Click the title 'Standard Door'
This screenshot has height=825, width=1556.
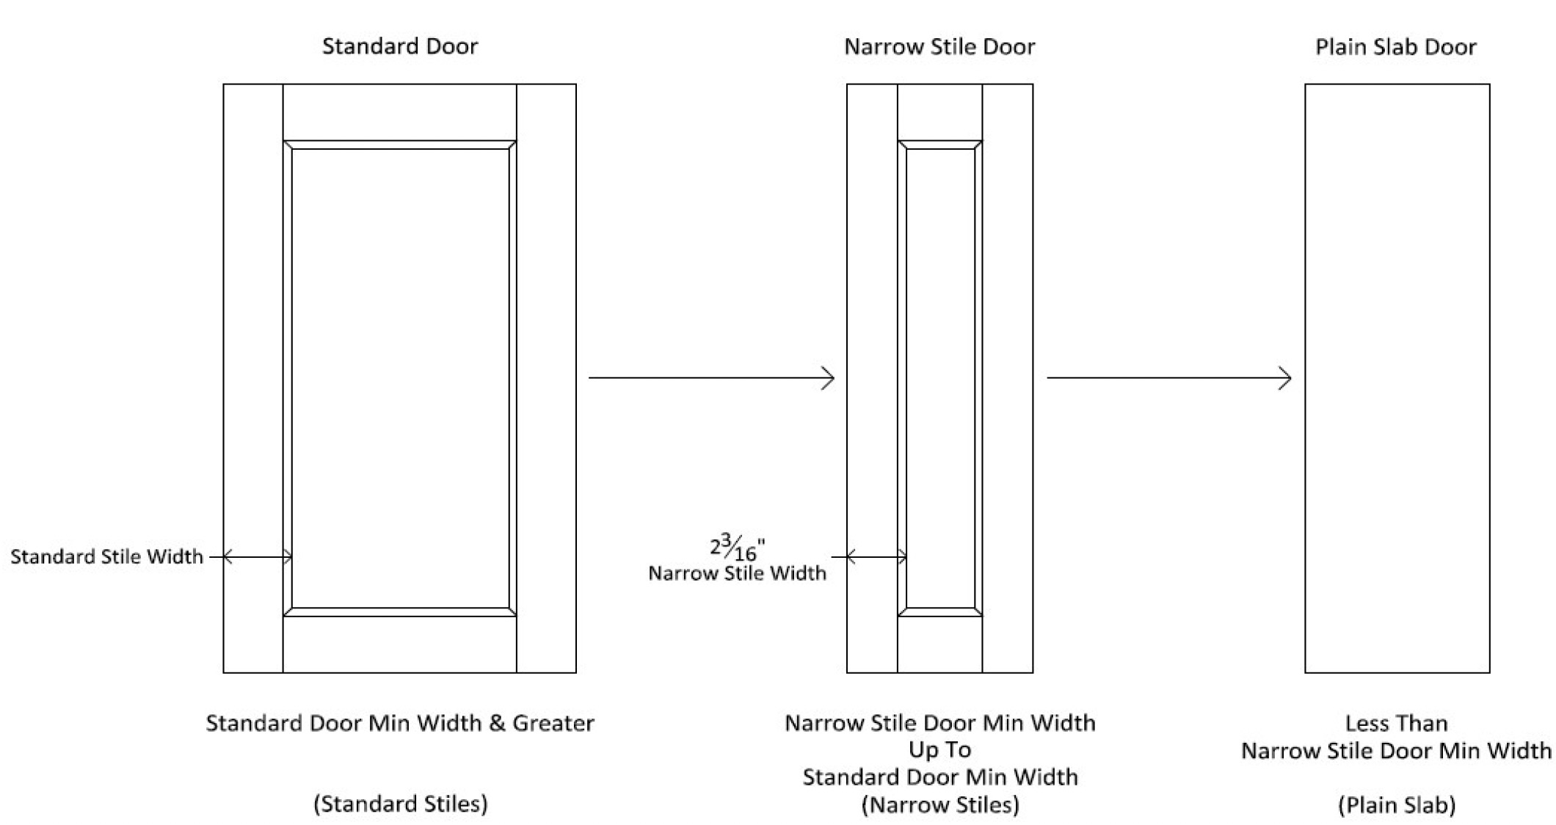[x=400, y=47]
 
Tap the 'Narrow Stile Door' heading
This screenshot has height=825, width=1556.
[x=939, y=47]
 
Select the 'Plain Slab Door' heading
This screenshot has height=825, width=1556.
[x=1395, y=47]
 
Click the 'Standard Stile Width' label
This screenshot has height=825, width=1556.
[x=106, y=556]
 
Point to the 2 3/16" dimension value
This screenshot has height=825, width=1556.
[x=737, y=548]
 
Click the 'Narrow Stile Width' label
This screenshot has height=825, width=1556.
[x=737, y=573]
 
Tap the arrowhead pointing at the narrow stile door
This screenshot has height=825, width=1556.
[x=829, y=378]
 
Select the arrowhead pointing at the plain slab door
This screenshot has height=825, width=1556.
[x=1285, y=378]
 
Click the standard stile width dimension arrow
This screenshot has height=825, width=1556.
[x=257, y=557]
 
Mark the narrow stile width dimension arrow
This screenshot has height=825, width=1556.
[x=876, y=557]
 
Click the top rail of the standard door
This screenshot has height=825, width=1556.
[x=400, y=112]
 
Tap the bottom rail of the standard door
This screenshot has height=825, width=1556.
[x=400, y=644]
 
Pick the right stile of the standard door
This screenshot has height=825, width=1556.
[x=546, y=378]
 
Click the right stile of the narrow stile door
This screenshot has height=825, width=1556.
[x=1008, y=378]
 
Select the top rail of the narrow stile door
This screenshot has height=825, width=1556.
[x=940, y=112]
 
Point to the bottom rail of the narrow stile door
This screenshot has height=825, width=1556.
[x=940, y=644]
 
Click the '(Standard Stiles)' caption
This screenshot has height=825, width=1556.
[x=401, y=804]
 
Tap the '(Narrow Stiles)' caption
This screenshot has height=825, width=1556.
[x=940, y=805]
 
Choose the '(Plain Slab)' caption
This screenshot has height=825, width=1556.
[x=1397, y=805]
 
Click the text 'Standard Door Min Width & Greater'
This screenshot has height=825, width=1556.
[x=400, y=723]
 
